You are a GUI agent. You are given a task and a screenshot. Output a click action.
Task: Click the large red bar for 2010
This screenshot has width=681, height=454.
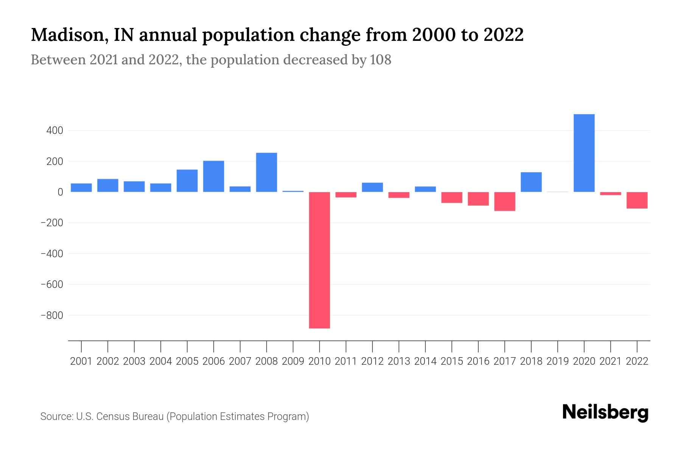[319, 260]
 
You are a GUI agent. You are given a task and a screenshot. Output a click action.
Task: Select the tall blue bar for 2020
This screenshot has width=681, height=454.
[584, 153]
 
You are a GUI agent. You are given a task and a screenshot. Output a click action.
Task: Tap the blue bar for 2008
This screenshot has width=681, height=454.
[266, 172]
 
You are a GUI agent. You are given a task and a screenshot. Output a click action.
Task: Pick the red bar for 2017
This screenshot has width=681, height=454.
[505, 201]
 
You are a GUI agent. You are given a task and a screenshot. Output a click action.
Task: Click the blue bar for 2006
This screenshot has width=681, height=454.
[213, 176]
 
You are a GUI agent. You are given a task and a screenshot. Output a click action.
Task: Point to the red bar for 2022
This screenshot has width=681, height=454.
[637, 200]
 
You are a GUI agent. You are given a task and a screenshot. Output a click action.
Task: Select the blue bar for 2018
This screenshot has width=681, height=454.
[531, 182]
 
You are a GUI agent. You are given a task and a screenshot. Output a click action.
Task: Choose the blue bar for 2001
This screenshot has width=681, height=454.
[81, 188]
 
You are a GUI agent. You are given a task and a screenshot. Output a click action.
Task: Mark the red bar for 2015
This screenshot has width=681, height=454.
[452, 197]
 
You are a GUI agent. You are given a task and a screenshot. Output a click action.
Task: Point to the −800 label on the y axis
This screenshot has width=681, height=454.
[52, 315]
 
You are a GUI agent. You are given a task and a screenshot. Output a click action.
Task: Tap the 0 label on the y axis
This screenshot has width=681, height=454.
[60, 192]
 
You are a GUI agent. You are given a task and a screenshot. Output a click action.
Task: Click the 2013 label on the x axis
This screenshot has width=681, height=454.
[399, 361]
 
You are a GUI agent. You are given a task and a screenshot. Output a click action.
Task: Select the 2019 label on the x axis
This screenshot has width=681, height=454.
[558, 361]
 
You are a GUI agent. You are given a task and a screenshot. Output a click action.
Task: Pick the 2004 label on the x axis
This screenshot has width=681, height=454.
[161, 361]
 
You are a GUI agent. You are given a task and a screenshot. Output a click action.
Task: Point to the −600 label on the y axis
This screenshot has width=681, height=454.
[52, 285]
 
